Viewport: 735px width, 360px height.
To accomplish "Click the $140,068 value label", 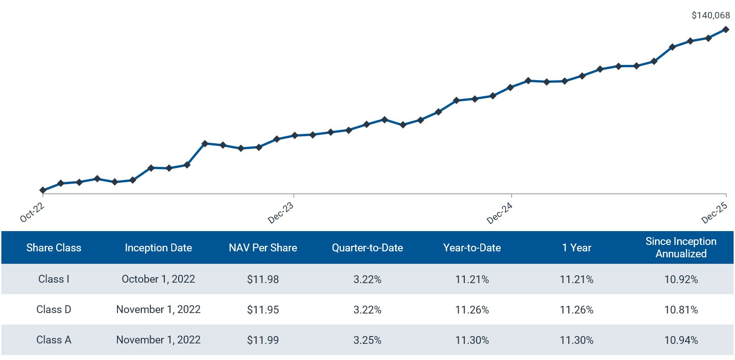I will (x=710, y=16).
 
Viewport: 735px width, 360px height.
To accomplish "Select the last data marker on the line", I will (x=726, y=29).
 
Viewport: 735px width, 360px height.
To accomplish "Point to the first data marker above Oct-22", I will (x=43, y=190).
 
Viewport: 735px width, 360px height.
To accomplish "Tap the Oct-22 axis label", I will (x=32, y=212).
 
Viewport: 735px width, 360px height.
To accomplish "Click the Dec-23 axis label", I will (x=280, y=213).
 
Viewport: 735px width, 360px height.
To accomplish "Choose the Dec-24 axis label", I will (x=499, y=213).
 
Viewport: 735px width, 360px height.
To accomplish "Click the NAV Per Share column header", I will (x=262, y=248).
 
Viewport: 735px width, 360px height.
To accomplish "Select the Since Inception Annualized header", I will (x=681, y=247).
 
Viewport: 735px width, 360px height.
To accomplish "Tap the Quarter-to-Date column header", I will (x=367, y=248).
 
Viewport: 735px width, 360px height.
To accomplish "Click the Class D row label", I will (x=54, y=309).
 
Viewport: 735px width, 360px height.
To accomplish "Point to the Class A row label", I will (x=54, y=340).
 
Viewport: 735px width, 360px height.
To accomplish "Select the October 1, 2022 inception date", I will (x=158, y=279).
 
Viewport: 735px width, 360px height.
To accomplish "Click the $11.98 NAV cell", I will (x=262, y=279).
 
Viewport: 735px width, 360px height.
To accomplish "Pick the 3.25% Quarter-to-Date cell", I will (x=367, y=340).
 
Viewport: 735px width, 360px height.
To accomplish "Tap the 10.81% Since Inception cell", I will (x=681, y=309).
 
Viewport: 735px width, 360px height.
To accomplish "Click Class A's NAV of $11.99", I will (x=262, y=340).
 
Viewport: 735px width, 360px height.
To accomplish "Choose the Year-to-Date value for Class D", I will (x=472, y=309).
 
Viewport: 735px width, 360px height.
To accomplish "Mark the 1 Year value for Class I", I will (x=576, y=279).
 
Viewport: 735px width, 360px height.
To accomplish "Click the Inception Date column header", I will (x=158, y=248).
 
